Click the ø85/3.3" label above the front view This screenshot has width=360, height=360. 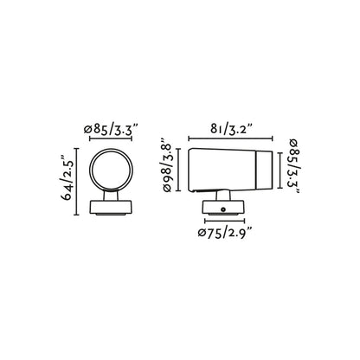click(114, 131)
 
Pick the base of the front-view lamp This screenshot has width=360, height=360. click(114, 210)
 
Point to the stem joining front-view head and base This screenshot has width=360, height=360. click(114, 196)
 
